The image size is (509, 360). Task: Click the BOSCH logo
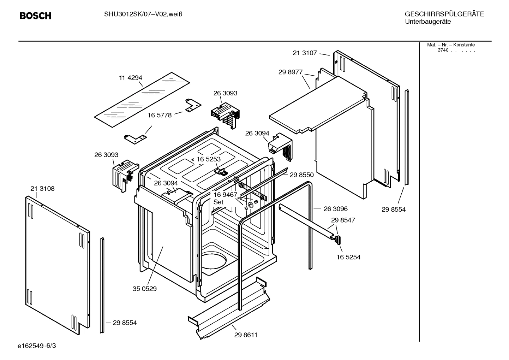35,16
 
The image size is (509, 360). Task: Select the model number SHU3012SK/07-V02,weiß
143,14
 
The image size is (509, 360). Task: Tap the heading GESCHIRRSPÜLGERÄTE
444,14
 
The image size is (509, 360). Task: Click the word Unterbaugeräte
427,22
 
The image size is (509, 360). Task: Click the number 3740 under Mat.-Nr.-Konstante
443,50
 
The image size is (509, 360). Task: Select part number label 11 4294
130,78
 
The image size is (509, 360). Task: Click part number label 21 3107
305,53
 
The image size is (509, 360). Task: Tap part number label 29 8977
291,72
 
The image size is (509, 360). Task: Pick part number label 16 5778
160,115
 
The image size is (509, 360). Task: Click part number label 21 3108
42,189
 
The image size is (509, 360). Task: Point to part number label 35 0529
144,289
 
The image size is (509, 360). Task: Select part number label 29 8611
246,335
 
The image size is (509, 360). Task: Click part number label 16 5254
348,257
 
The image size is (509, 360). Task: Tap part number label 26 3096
336,209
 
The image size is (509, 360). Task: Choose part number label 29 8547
343,220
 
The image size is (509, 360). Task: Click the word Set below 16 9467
218,202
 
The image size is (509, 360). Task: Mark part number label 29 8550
301,175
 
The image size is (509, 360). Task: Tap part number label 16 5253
209,159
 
